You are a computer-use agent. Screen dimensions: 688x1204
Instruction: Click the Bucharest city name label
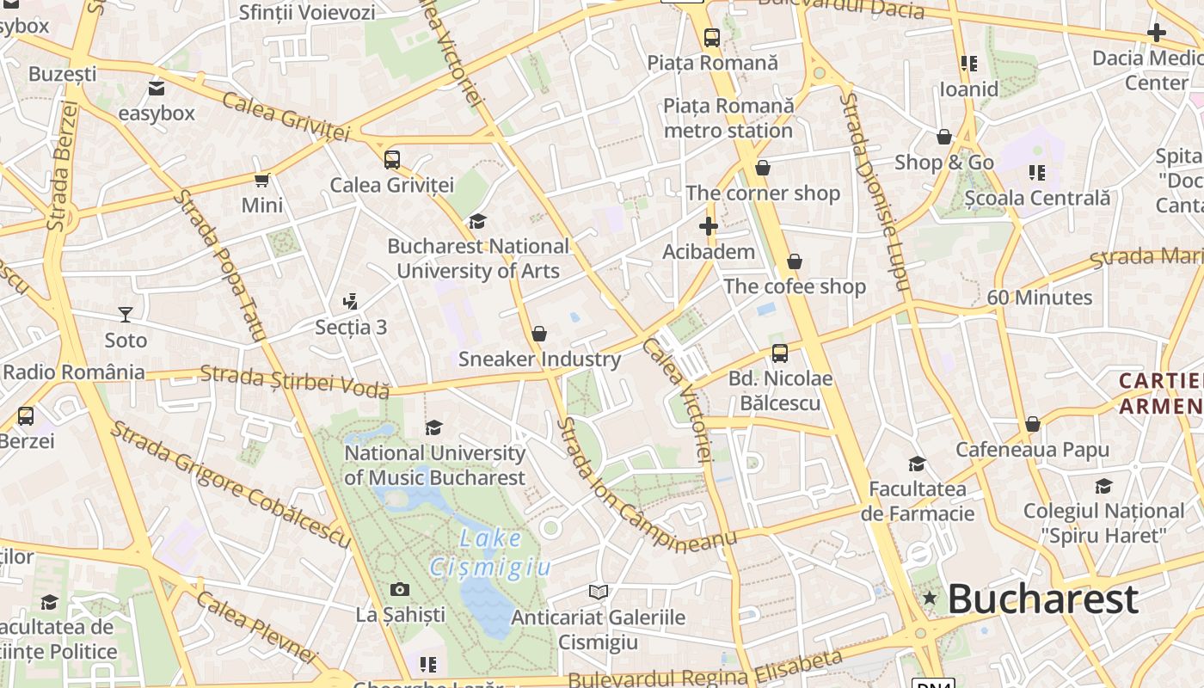(x=1042, y=599)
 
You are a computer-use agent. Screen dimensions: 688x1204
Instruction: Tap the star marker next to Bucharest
(x=929, y=598)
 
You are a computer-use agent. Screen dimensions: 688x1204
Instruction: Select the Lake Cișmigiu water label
(x=490, y=552)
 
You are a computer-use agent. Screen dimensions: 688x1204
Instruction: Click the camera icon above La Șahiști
(x=400, y=589)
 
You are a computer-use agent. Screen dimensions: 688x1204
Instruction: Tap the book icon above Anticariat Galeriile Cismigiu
(x=599, y=592)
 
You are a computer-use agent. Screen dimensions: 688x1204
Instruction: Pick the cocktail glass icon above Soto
(x=126, y=314)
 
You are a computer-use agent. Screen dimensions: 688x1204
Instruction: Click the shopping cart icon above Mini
(x=262, y=180)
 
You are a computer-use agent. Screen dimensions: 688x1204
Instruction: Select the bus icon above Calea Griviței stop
(x=392, y=159)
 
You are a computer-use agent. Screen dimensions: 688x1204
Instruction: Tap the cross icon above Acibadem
(x=708, y=226)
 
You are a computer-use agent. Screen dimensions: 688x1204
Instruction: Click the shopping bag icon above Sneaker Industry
(x=539, y=334)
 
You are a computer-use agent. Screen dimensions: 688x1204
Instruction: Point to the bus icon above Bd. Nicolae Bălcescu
(x=780, y=353)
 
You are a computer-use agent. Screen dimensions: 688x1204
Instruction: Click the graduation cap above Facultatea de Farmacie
(x=917, y=464)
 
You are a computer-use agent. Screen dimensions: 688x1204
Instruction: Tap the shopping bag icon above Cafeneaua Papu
(x=1032, y=424)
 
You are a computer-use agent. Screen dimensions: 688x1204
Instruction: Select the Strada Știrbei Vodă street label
(x=295, y=382)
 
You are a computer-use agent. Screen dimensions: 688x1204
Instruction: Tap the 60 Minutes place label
(x=1039, y=298)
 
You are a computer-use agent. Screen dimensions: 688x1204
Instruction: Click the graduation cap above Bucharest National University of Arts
(x=477, y=221)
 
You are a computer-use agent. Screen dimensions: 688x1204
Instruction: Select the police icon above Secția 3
(x=350, y=301)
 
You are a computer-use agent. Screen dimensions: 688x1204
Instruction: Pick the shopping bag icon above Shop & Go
(x=943, y=137)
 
